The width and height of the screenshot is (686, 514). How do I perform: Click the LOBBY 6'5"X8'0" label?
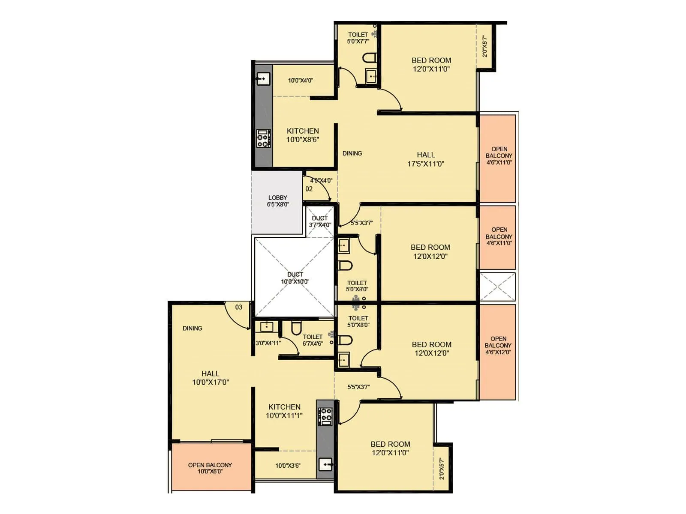278,201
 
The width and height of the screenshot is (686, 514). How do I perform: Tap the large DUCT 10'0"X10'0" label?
295,278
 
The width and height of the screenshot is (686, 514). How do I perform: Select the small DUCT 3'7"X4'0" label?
320,221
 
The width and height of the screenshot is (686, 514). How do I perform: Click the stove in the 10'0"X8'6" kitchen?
263,138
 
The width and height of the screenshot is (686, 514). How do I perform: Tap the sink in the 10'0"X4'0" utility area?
263,79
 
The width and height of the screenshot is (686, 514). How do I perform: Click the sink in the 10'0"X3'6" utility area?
326,464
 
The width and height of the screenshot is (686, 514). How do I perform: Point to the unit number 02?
309,189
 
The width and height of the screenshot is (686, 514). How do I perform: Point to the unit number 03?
239,307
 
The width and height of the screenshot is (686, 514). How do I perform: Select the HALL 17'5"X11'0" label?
426,159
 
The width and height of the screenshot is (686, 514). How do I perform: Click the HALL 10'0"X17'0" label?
211,378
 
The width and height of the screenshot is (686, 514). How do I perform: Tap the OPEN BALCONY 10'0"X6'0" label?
210,468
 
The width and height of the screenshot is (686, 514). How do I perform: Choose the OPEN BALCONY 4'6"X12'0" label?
498,345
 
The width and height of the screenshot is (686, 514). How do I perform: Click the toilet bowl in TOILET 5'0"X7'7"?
369,57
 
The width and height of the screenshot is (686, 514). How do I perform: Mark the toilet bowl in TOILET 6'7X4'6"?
296,328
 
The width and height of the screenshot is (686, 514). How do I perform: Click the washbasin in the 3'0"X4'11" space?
266,327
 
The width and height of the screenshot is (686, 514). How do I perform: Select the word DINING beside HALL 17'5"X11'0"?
352,153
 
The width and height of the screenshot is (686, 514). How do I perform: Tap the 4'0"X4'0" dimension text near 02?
321,180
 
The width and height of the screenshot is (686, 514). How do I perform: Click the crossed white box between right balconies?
497,287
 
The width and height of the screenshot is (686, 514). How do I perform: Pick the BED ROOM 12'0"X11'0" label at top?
431,65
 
